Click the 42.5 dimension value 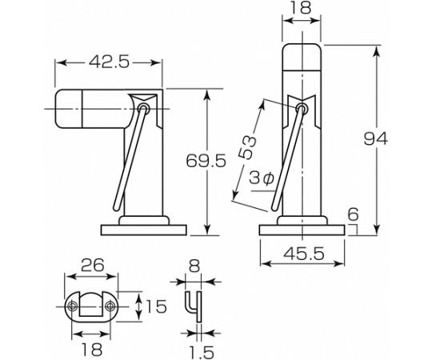tap(109, 62)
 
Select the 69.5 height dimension tap(206, 161)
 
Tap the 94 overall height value tap(375, 139)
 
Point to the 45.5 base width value tap(304, 254)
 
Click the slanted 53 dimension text tap(247, 146)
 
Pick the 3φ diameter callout tap(261, 178)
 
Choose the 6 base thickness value tap(353, 214)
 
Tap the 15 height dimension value tap(156, 306)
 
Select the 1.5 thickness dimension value tap(202, 352)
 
